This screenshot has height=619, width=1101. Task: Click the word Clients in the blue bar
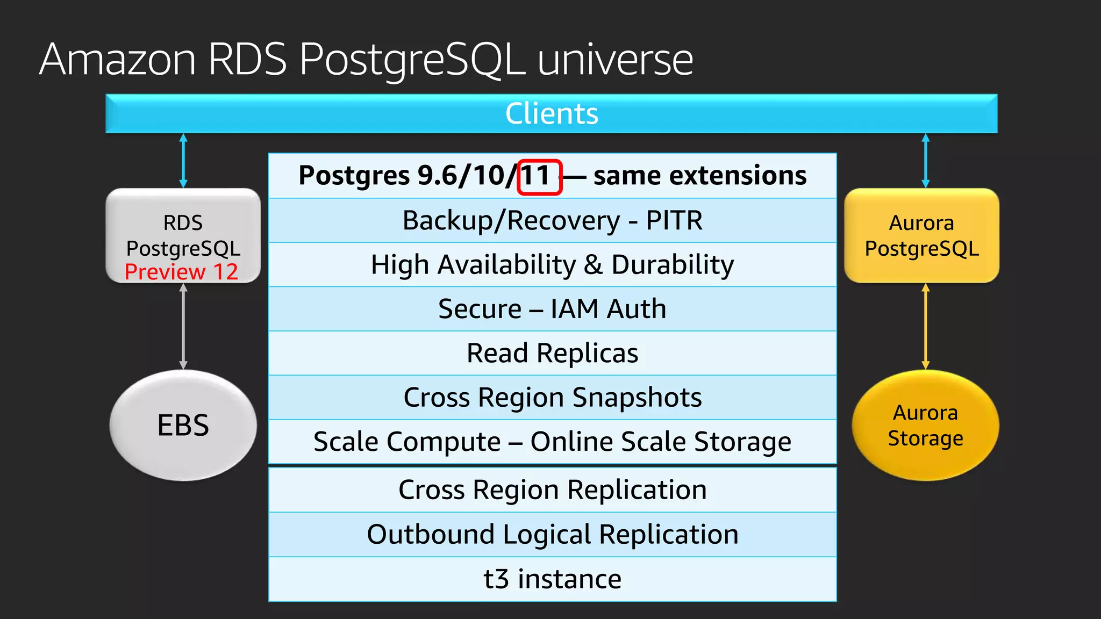tap(552, 114)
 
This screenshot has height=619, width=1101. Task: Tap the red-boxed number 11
tap(538, 176)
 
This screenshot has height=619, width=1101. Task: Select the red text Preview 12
tap(181, 272)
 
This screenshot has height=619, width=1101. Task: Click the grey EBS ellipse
tap(183, 425)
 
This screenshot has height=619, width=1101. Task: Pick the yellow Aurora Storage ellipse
tap(925, 425)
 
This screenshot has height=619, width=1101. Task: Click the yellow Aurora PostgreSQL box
tap(921, 235)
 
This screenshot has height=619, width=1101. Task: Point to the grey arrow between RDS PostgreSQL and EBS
tap(183, 326)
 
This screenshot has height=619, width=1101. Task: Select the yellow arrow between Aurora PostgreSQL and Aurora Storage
tap(925, 326)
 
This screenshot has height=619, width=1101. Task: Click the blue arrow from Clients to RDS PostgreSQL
tap(183, 161)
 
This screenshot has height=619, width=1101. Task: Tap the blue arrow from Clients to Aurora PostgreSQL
tap(925, 161)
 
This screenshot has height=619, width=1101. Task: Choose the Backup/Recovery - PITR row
tap(552, 221)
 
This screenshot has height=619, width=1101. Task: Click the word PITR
tap(674, 221)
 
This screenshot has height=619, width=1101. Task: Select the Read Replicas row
tap(552, 354)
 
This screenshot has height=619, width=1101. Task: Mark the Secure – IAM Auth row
tap(552, 309)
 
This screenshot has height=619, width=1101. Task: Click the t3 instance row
tap(552, 579)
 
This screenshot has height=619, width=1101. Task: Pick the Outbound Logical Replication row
tap(552, 535)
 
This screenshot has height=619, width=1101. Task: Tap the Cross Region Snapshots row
tap(552, 398)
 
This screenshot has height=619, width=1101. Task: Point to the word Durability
tap(673, 265)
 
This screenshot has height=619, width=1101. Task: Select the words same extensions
tap(699, 176)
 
